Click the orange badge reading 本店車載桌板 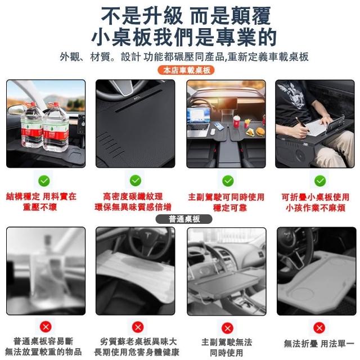click(186, 70)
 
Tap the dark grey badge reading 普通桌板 click(184, 219)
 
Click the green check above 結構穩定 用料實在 click(44, 181)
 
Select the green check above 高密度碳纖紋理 click(136, 181)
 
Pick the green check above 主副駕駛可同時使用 click(228, 181)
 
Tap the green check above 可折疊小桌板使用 click(320, 181)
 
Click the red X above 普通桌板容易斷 click(46, 326)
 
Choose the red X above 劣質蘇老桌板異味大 click(138, 327)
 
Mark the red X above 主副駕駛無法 click(227, 328)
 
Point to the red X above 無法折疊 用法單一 click(319, 328)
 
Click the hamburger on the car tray click(260, 132)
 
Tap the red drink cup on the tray click(236, 121)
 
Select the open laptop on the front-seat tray click(198, 122)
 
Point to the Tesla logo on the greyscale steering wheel click(148, 236)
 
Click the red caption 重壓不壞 click(40, 208)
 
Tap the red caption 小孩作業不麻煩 click(316, 208)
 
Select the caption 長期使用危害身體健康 click(137, 352)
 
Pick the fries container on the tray click(247, 123)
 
